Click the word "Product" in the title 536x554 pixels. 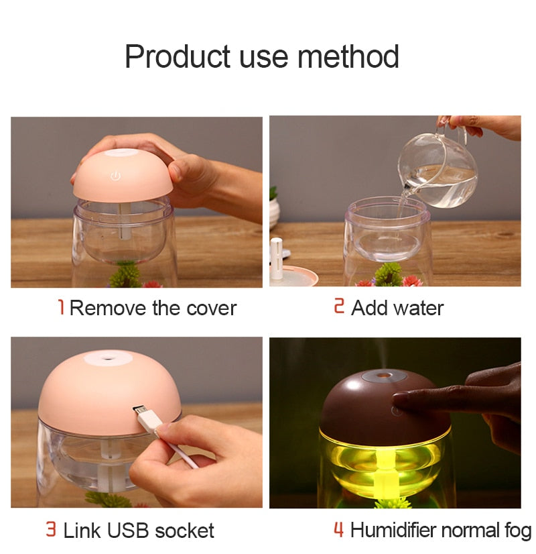178,56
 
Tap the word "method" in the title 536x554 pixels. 348,56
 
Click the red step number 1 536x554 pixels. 61,307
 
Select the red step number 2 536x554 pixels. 339,306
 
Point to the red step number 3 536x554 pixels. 51,529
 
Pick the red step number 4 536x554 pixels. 338,529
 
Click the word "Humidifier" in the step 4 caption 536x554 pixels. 393,530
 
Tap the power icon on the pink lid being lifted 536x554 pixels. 116,176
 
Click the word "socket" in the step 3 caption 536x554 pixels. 184,531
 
